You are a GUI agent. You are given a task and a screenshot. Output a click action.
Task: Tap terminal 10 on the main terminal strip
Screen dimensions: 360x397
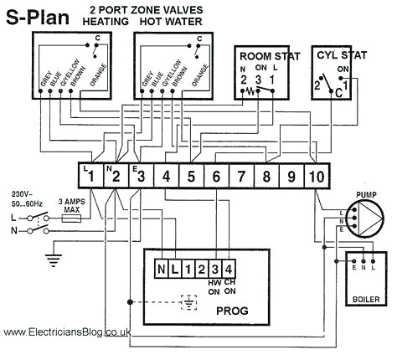(x=317, y=177)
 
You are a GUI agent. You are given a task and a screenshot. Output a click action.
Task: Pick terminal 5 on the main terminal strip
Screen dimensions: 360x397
(x=191, y=177)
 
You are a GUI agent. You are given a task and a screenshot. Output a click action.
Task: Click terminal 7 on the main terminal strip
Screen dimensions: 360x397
(x=240, y=177)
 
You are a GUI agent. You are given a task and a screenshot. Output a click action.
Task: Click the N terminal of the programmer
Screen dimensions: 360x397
(x=161, y=270)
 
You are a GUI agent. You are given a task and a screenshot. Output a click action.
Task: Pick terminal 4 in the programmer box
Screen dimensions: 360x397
(x=229, y=270)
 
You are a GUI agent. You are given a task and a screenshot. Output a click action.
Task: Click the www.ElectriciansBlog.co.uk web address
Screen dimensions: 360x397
(x=67, y=332)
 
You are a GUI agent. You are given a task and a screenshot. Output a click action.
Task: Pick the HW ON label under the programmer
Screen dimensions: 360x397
(x=215, y=287)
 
